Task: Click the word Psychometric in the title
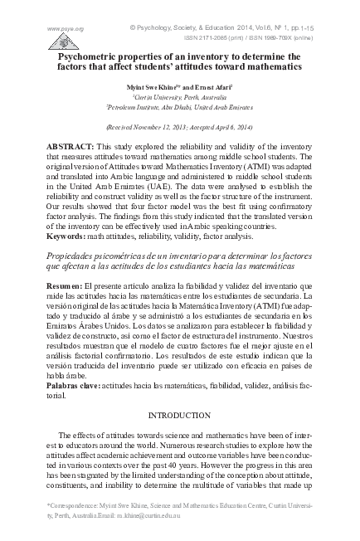[x=92, y=55]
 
